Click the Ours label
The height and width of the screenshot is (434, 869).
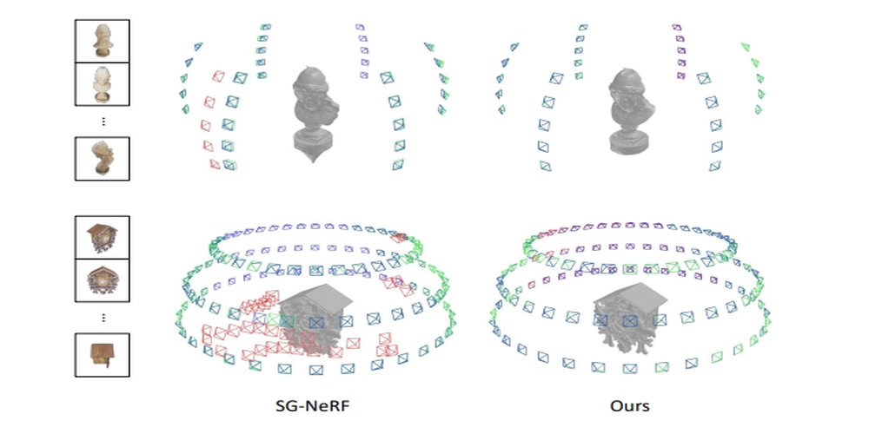[x=629, y=405]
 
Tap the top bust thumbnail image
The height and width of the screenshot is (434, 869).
[x=103, y=41]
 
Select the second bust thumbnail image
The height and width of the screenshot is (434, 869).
[x=103, y=84]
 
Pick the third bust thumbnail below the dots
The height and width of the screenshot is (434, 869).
[x=103, y=158]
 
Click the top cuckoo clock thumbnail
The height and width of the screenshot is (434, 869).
[x=103, y=237]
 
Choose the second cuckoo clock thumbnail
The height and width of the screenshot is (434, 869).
[x=103, y=280]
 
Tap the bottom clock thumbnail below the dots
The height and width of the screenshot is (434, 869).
[x=103, y=354]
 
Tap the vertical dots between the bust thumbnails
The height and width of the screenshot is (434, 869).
[x=103, y=121]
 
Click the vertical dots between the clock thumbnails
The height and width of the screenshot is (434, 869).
[x=103, y=317]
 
